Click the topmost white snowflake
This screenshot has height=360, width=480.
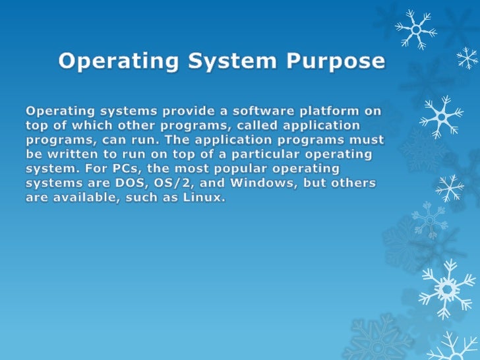point(415,28)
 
